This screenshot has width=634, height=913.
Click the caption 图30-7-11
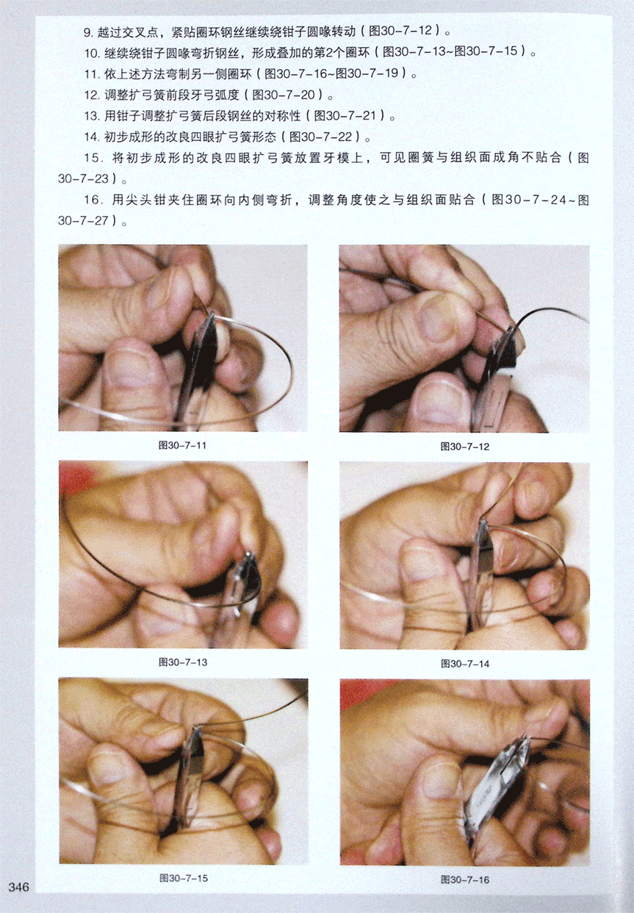(182, 445)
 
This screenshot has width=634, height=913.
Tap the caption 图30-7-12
(464, 447)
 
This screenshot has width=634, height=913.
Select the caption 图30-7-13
(183, 663)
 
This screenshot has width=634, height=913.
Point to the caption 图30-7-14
(465, 663)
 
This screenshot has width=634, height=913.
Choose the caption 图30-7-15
(184, 878)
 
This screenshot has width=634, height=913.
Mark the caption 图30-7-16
(465, 879)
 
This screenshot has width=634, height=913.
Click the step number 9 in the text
(88, 32)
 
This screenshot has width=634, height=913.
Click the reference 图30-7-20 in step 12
(284, 95)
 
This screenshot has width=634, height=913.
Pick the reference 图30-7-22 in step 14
(321, 137)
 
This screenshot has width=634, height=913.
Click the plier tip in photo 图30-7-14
(482, 521)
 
